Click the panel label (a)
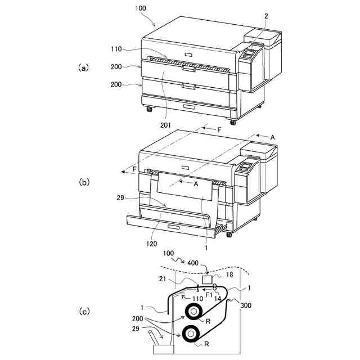[83, 67]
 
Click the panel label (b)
[83, 182]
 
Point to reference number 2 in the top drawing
[266, 17]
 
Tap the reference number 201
[165, 125]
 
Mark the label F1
[208, 294]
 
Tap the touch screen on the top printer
[248, 55]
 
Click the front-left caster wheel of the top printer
[149, 109]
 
